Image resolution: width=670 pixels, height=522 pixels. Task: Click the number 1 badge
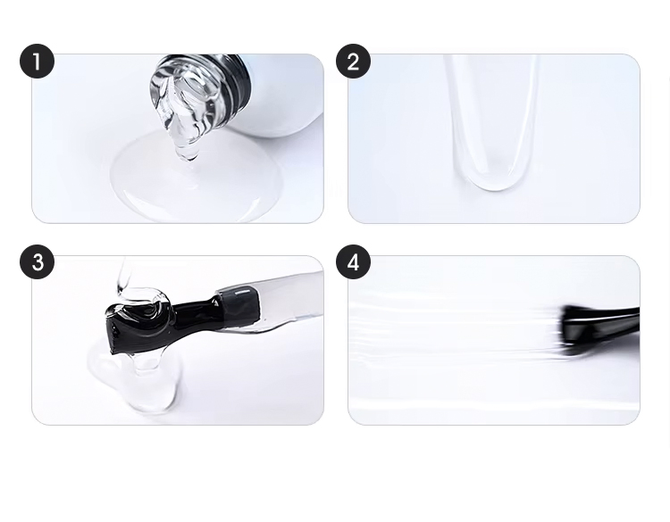pyautogui.click(x=37, y=62)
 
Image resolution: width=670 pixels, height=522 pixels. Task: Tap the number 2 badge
pyautogui.click(x=353, y=62)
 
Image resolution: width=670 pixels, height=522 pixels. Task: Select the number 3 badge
pyautogui.click(x=37, y=262)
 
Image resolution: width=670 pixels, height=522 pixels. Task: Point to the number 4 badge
pyautogui.click(x=353, y=262)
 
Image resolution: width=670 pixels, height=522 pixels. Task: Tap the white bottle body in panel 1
pyautogui.click(x=286, y=98)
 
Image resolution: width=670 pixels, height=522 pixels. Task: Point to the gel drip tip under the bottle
pyautogui.click(x=187, y=157)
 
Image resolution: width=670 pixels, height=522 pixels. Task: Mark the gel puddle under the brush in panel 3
pyautogui.click(x=134, y=379)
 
